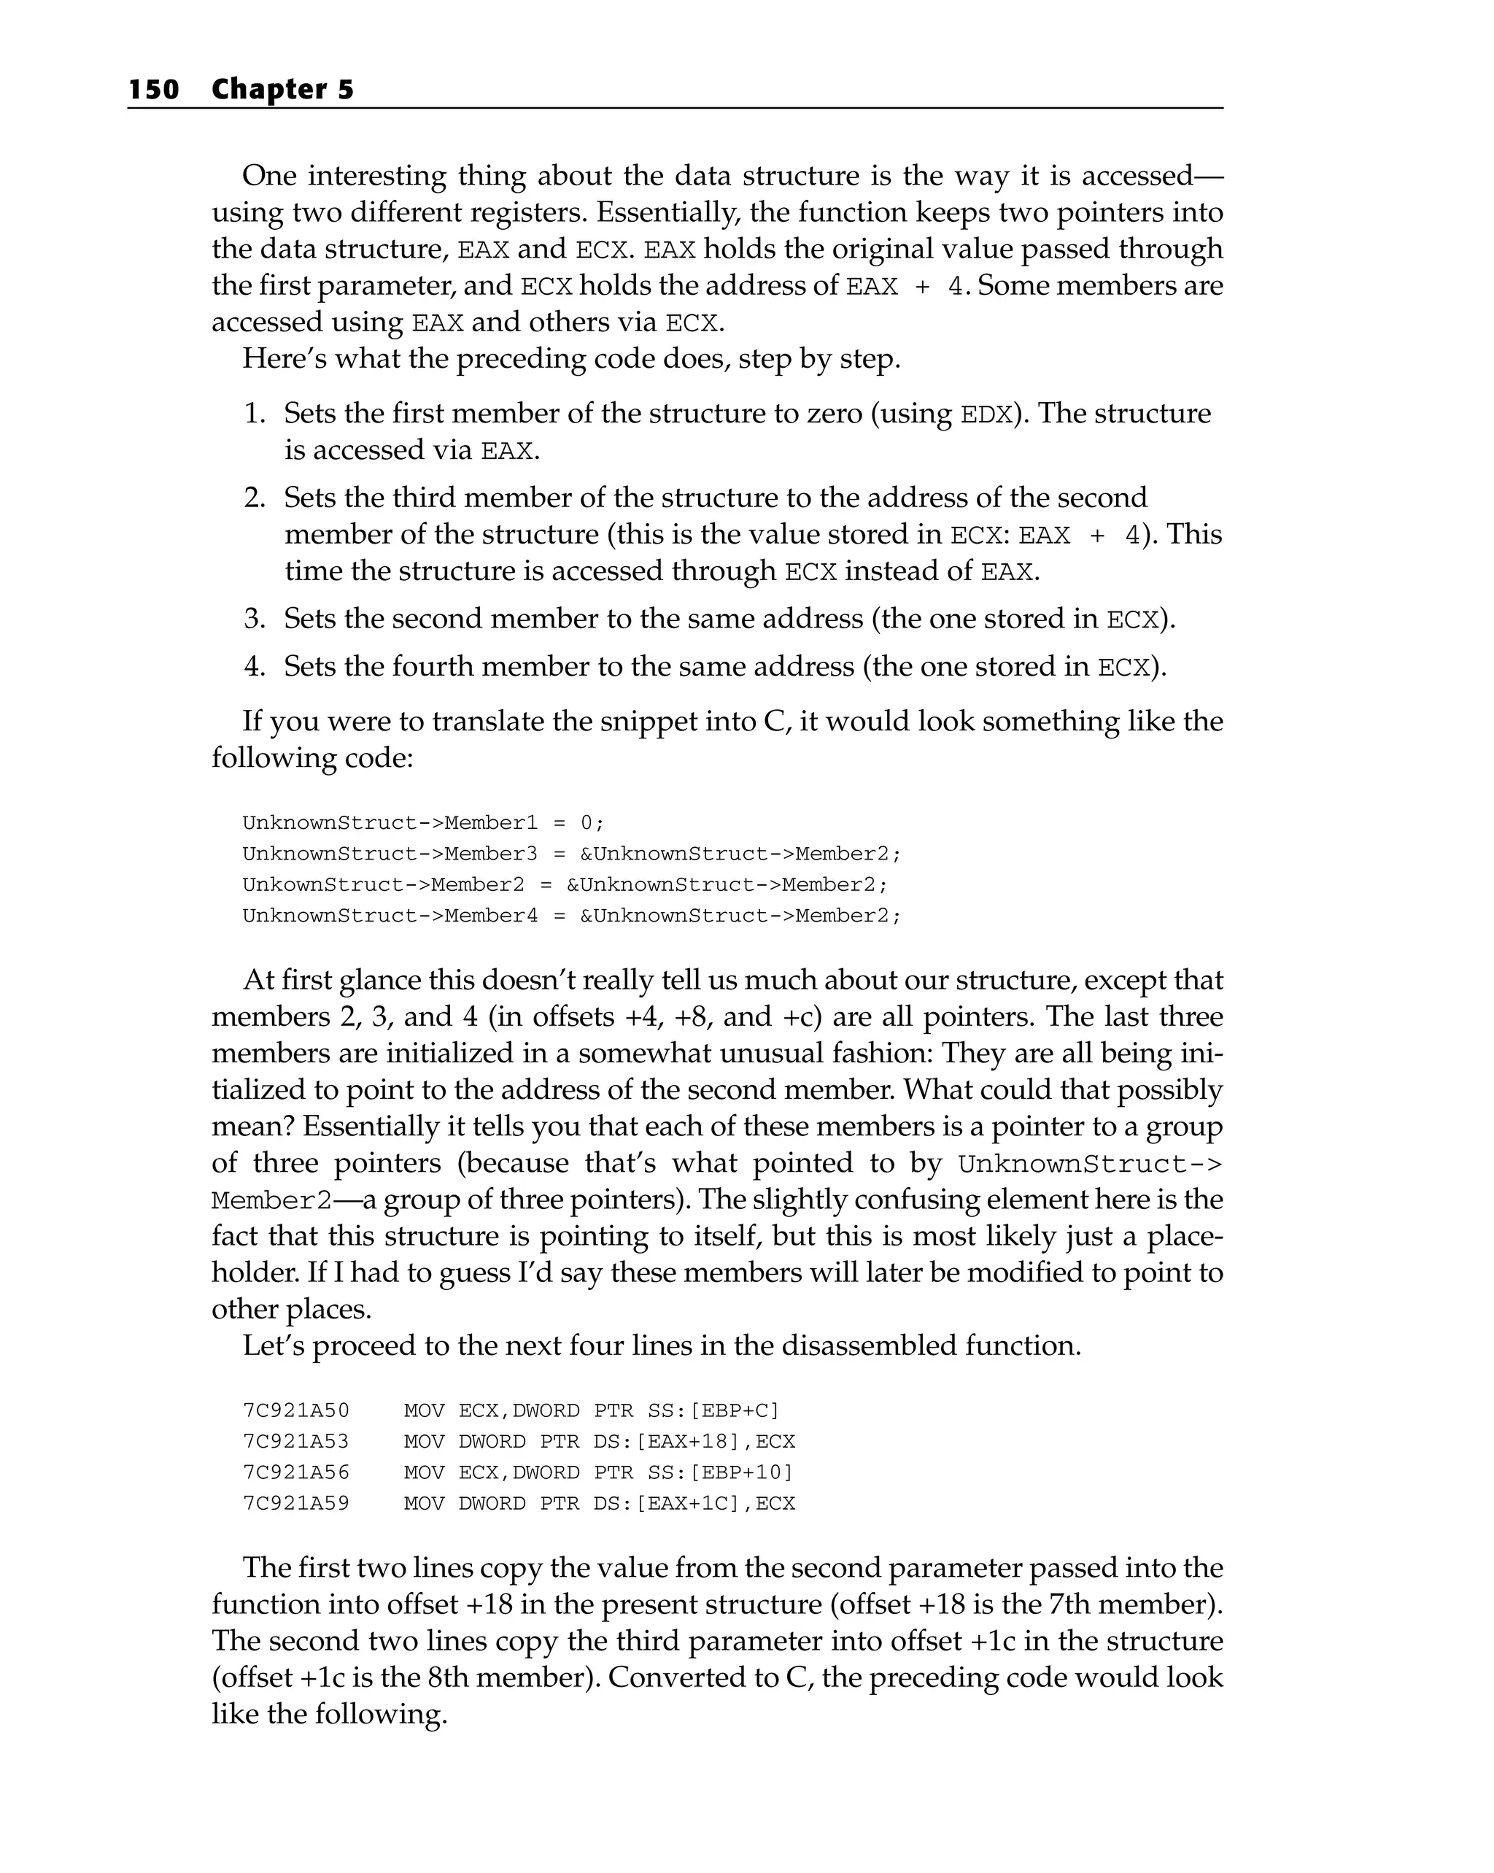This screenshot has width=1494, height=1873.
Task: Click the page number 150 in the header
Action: tap(154, 90)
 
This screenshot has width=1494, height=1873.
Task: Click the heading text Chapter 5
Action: tap(282, 90)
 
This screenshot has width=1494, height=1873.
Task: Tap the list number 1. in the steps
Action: tap(254, 414)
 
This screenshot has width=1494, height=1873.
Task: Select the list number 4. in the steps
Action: tap(254, 666)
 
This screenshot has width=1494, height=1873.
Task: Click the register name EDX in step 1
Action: tap(986, 414)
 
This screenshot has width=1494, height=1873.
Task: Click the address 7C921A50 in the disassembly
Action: tap(295, 1411)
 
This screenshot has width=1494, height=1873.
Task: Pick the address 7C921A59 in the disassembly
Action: tap(295, 1504)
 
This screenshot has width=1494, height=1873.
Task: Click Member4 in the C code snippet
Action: tap(491, 916)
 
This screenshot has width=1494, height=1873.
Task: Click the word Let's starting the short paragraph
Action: tap(273, 1345)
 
